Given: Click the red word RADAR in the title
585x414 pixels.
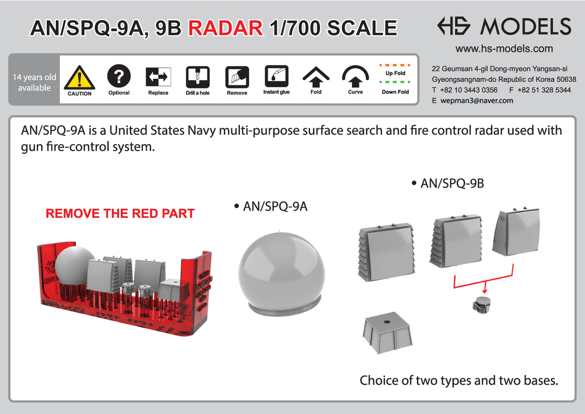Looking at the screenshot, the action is click(225, 28).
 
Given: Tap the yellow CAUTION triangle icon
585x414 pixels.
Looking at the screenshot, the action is click(79, 78).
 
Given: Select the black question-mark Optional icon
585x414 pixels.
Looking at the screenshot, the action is click(119, 76).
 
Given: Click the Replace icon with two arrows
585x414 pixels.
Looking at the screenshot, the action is click(158, 77).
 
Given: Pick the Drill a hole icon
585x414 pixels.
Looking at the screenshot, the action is click(198, 77).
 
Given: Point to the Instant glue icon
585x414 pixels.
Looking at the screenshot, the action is click(276, 76).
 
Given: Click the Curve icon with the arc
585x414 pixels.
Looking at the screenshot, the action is click(355, 76).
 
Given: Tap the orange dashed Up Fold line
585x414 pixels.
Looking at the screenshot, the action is click(395, 65).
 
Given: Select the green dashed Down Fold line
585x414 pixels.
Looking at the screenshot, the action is click(395, 82).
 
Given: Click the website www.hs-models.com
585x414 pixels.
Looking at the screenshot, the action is click(504, 49).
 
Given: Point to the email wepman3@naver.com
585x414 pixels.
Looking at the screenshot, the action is click(477, 100).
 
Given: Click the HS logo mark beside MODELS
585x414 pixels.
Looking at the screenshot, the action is click(454, 26).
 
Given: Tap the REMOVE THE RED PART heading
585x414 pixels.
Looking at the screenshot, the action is click(120, 214).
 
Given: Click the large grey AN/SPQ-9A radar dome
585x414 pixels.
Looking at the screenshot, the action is click(282, 274).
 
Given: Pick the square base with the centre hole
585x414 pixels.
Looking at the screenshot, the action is click(388, 333).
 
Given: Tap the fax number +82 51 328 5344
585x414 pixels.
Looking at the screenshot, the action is click(544, 90).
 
